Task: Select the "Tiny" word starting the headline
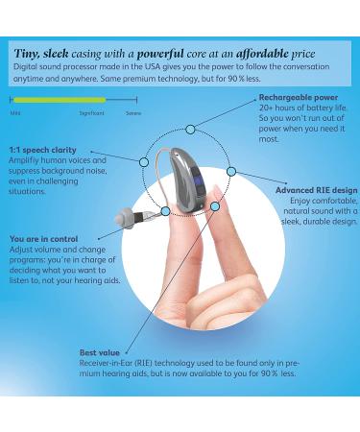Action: (27, 54)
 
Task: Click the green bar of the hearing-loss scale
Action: (58, 100)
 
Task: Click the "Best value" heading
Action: (101, 352)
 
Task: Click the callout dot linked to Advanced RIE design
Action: (231, 170)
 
